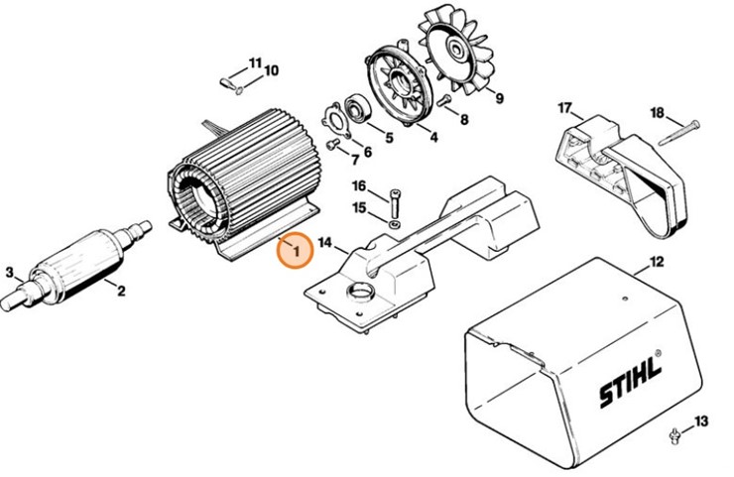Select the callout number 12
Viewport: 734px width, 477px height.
(x=655, y=264)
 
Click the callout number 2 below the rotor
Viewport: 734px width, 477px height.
(x=121, y=291)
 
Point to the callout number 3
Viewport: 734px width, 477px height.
(x=9, y=272)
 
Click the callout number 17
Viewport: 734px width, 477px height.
(x=564, y=107)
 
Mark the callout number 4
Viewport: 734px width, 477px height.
(x=433, y=138)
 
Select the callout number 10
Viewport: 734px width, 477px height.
(x=271, y=70)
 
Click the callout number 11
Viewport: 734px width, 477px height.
(x=255, y=62)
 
